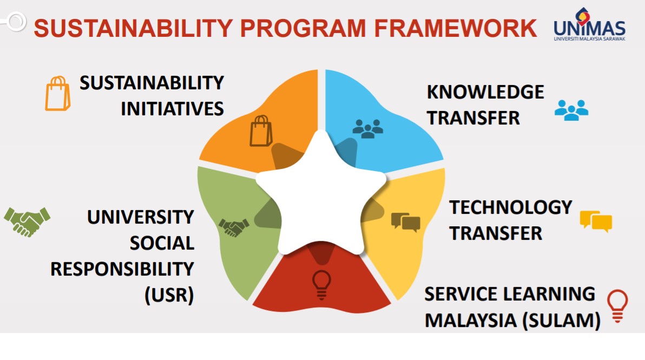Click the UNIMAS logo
tap(589, 24)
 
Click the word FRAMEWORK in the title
tap(456, 28)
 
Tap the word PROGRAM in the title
tap(303, 28)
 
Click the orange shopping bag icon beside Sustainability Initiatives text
tap(57, 94)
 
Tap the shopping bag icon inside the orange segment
tap(261, 131)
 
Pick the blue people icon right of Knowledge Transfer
tap(571, 110)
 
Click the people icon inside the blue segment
tap(368, 128)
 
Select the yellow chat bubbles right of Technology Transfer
tap(596, 221)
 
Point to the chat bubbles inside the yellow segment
tap(406, 222)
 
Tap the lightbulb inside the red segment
tap(321, 285)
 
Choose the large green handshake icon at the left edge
tap(27, 222)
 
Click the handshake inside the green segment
tap(234, 227)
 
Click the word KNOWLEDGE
tap(485, 91)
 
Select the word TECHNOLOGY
tap(510, 207)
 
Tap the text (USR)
tap(169, 295)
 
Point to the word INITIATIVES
tap(173, 109)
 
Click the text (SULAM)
tap(561, 320)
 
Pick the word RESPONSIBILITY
tap(122, 269)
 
